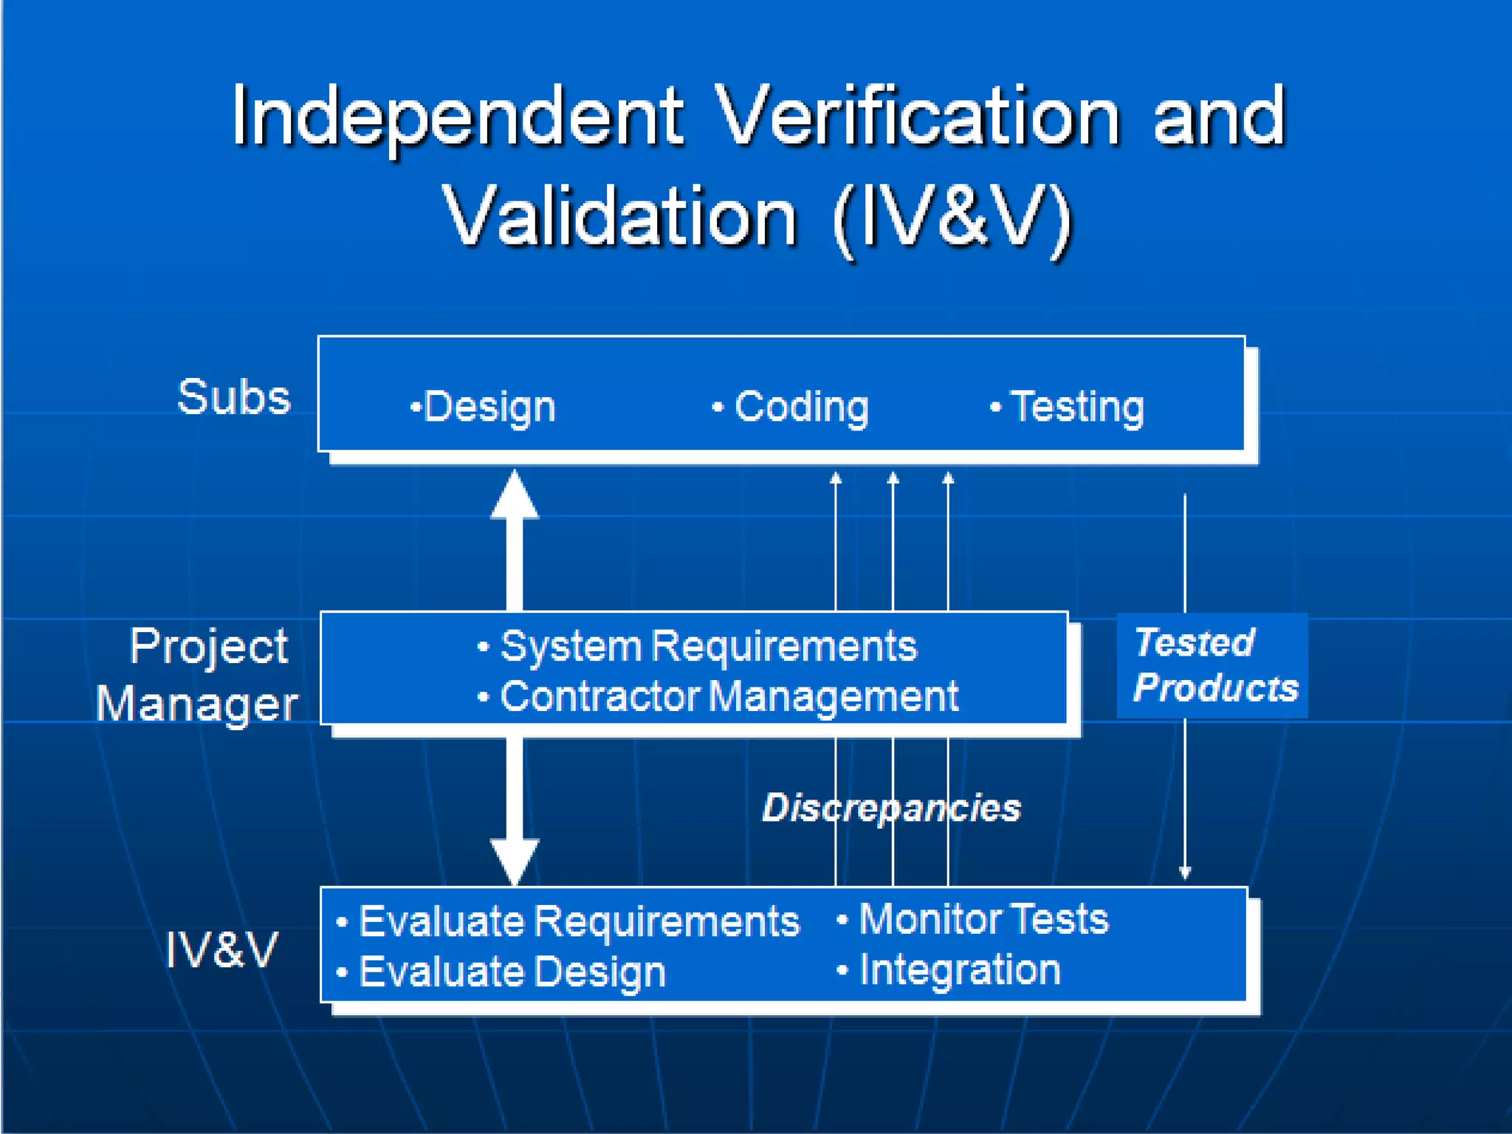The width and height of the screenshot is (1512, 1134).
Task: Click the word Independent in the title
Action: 458,117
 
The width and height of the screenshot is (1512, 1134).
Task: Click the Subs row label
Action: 235,397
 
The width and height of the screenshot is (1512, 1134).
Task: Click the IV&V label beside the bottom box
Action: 221,949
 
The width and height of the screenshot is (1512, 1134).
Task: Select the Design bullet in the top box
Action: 484,407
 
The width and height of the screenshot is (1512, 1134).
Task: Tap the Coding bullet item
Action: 791,407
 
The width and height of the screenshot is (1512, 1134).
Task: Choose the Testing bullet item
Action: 1068,407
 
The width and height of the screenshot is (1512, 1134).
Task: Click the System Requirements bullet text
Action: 698,647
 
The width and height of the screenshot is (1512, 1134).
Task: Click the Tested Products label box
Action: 1212,665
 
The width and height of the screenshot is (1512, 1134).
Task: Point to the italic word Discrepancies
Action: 891,807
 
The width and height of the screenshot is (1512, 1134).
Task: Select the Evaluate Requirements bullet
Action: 568,921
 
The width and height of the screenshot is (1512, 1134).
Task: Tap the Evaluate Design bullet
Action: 502,972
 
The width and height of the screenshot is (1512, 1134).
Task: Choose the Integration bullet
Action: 949,969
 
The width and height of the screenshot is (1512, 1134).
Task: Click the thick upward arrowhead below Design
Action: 515,496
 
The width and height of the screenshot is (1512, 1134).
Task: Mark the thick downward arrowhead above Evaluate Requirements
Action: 515,860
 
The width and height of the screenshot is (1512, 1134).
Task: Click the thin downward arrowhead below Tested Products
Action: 1185,873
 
